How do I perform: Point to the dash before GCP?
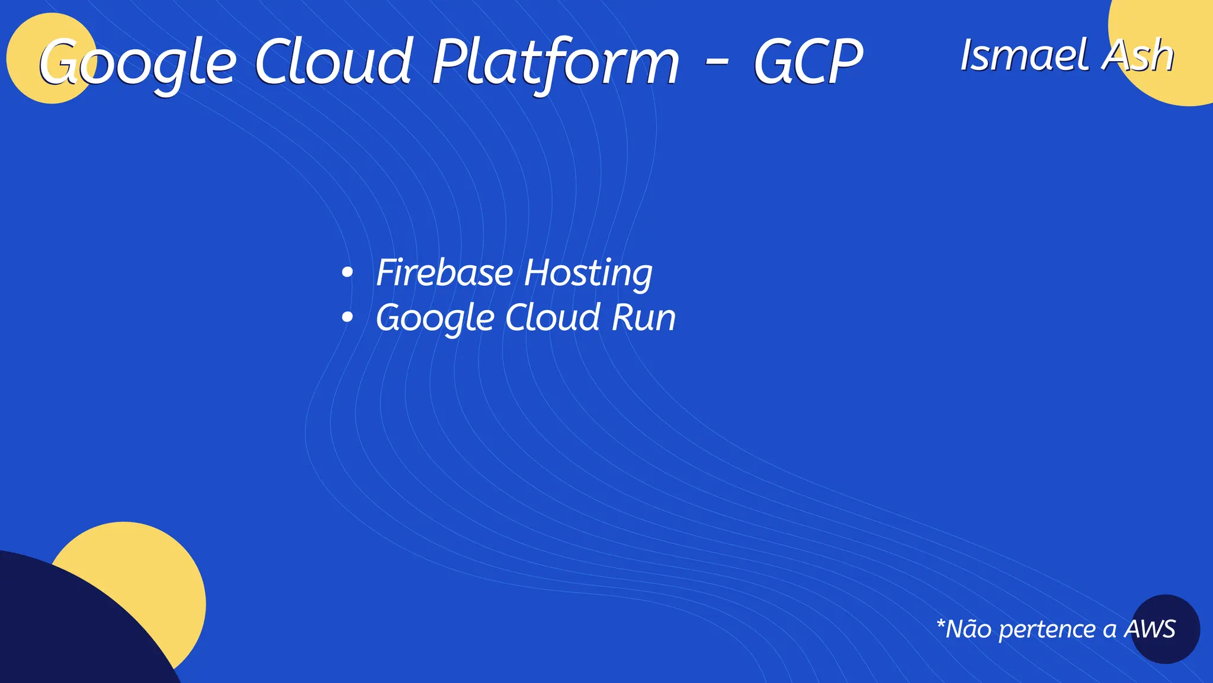tap(717, 62)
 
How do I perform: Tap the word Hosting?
tap(588, 274)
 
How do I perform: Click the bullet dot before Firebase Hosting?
tap(348, 273)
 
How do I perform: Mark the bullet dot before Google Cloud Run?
tap(348, 318)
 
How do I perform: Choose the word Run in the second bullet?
tap(643, 318)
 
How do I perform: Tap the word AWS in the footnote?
tap(1150, 629)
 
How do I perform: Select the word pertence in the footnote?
tap(1047, 630)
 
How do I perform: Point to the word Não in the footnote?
tap(968, 629)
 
